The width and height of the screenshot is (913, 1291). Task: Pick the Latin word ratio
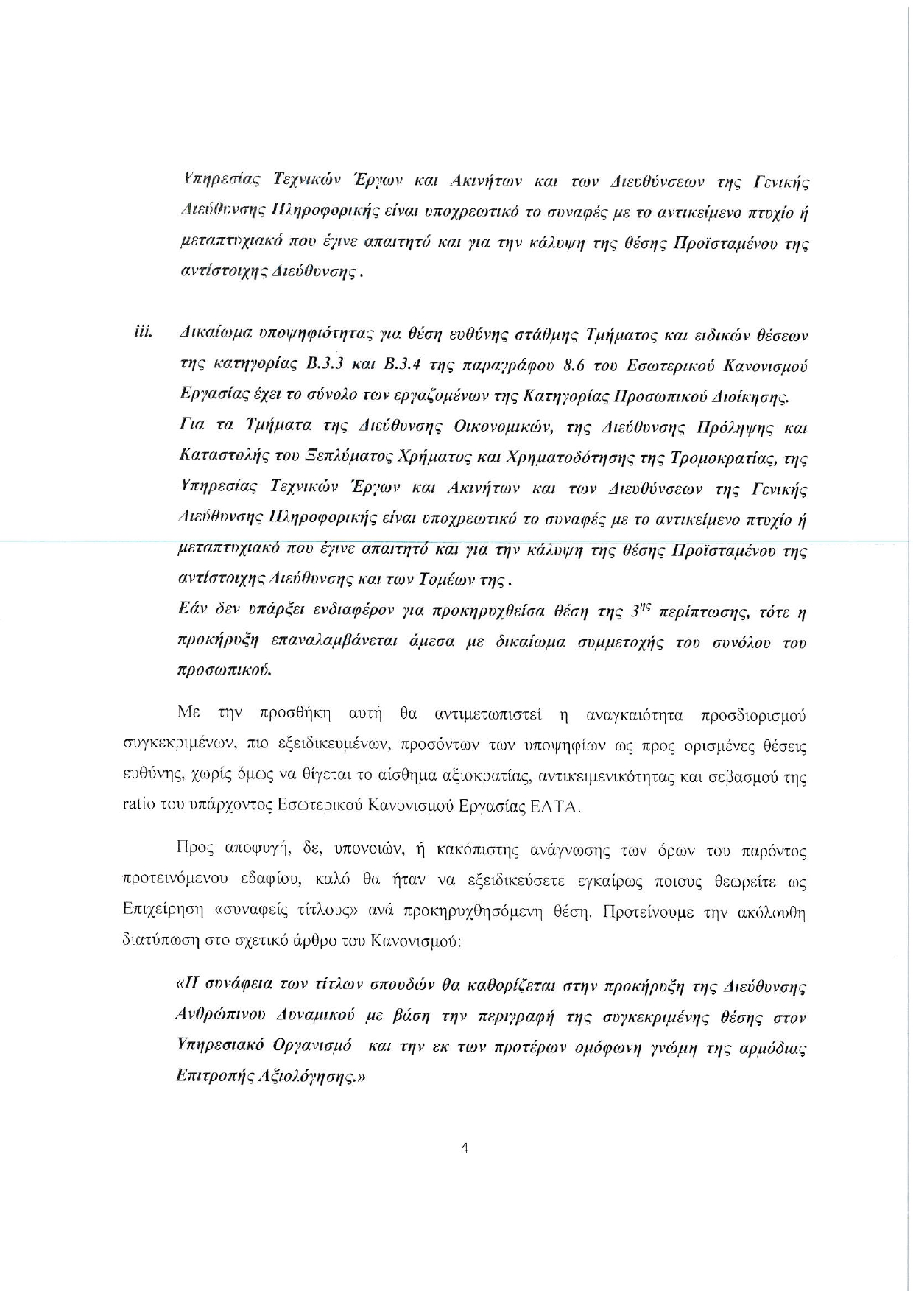coord(138,806)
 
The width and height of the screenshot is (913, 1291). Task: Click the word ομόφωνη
coord(610,1047)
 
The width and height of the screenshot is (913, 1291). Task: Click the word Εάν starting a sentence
coord(193,610)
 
